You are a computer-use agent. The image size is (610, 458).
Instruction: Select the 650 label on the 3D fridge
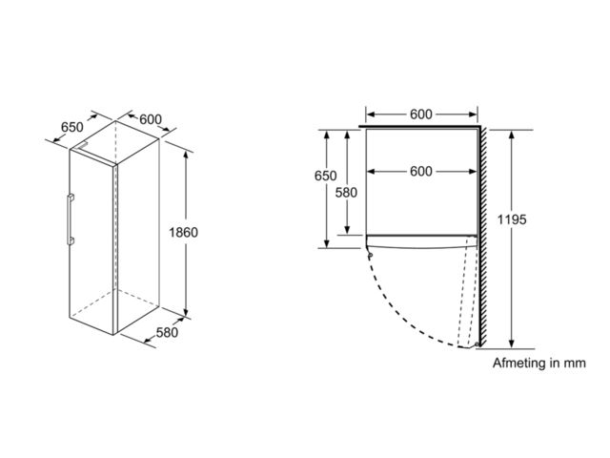point(72,128)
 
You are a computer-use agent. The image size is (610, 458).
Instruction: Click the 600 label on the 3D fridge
point(151,119)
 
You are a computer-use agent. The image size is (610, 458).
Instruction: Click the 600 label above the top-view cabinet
point(421,114)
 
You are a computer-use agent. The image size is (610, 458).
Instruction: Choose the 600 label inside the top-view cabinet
point(421,172)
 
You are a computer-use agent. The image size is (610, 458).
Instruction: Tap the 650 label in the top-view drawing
point(326,177)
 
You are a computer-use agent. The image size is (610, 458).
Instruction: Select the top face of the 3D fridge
point(114,138)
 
